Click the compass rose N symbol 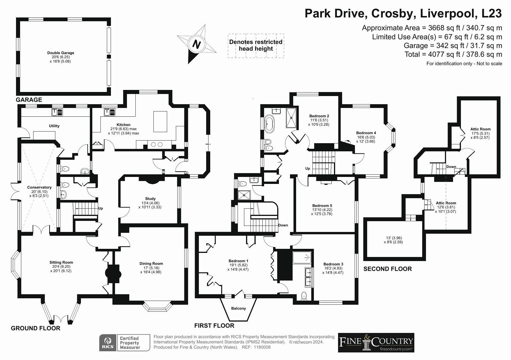(x=197, y=44)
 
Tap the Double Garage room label (x=61, y=53)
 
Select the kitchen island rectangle (x=160, y=121)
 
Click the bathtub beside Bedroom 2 (x=268, y=124)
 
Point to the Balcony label (x=238, y=308)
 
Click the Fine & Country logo (x=376, y=343)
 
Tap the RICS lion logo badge (x=108, y=343)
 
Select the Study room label (x=150, y=199)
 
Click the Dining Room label (x=151, y=264)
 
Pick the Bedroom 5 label (x=322, y=205)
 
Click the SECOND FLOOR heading (x=388, y=269)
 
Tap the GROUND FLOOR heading (x=36, y=328)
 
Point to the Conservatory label (x=39, y=187)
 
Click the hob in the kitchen (x=157, y=144)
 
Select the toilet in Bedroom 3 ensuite (x=304, y=296)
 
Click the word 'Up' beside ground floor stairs (x=100, y=208)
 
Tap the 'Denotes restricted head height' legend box (x=256, y=45)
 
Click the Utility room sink (x=57, y=112)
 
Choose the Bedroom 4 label (x=366, y=133)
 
